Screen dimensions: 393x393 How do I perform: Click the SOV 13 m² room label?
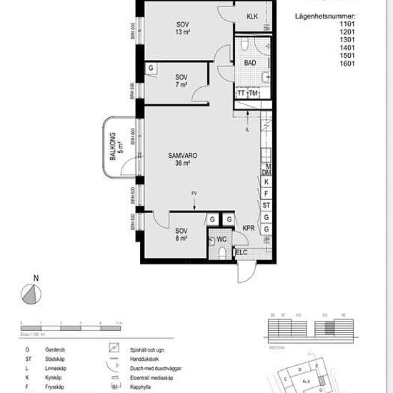point(183,28)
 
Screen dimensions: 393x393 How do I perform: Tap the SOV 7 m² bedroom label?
point(182,81)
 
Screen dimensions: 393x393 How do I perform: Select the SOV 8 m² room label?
point(181,234)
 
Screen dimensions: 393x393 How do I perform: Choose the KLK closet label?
point(252,16)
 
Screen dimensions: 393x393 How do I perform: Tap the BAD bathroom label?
point(249,63)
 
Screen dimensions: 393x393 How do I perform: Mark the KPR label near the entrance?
point(249,229)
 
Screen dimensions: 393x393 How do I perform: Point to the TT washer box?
point(242,94)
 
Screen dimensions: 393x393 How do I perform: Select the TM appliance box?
point(253,94)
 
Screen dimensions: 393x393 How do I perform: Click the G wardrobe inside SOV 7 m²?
point(151,68)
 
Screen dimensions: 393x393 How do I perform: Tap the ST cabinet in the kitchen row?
point(266,205)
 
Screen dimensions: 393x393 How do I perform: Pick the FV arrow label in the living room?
point(194,194)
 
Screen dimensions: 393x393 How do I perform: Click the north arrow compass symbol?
point(29,292)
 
